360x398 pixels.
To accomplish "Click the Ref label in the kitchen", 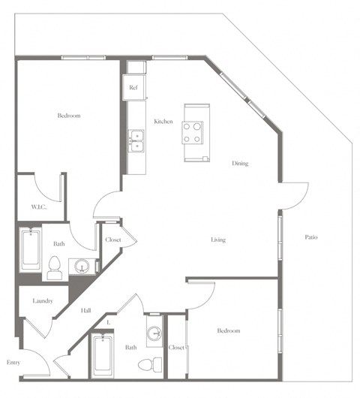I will [133, 88].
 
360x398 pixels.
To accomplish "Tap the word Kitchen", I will [163, 122].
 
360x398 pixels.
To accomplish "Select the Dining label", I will [240, 163].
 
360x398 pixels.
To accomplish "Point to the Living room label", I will [217, 240].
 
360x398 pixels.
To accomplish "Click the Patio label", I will [311, 238].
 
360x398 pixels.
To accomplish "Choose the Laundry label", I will [42, 301].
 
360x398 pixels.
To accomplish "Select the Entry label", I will [13, 363].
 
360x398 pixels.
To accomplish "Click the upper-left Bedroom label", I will [69, 116].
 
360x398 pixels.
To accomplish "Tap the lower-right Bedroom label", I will [229, 330].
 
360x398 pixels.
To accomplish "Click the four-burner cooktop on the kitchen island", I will [193, 133].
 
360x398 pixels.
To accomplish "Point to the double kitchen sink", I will [136, 140].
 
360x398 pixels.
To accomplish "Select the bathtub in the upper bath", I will [31, 250].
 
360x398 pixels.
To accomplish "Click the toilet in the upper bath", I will [55, 268].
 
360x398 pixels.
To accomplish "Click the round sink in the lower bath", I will [154, 333].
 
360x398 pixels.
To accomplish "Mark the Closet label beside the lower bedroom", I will [177, 348].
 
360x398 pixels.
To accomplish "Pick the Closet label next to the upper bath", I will [113, 240].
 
